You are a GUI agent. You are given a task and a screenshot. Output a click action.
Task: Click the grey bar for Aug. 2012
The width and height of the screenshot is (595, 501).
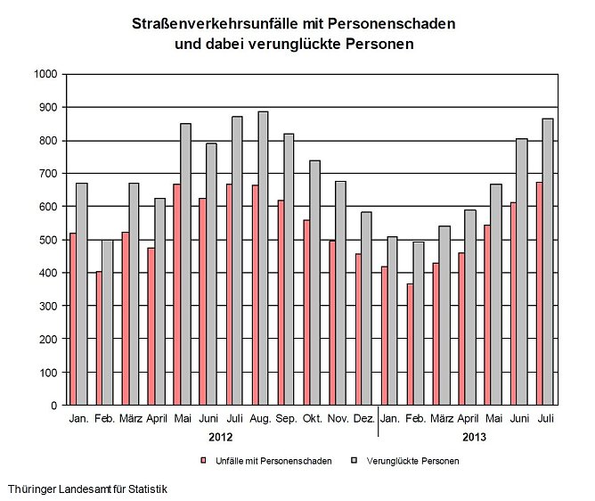coord(264,259)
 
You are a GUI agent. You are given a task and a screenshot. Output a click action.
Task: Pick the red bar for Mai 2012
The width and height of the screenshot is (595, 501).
coord(177,294)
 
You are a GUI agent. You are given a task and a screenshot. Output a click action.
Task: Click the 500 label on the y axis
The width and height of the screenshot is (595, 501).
coord(50,240)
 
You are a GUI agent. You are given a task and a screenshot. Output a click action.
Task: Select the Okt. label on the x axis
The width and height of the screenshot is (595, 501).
coord(312,418)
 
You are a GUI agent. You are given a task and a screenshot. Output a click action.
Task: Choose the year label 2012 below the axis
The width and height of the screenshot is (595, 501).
coord(221,437)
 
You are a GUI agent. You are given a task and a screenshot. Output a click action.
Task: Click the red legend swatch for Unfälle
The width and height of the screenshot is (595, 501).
coord(203,461)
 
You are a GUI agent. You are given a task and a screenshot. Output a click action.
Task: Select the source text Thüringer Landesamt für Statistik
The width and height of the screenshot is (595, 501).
coord(87,489)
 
